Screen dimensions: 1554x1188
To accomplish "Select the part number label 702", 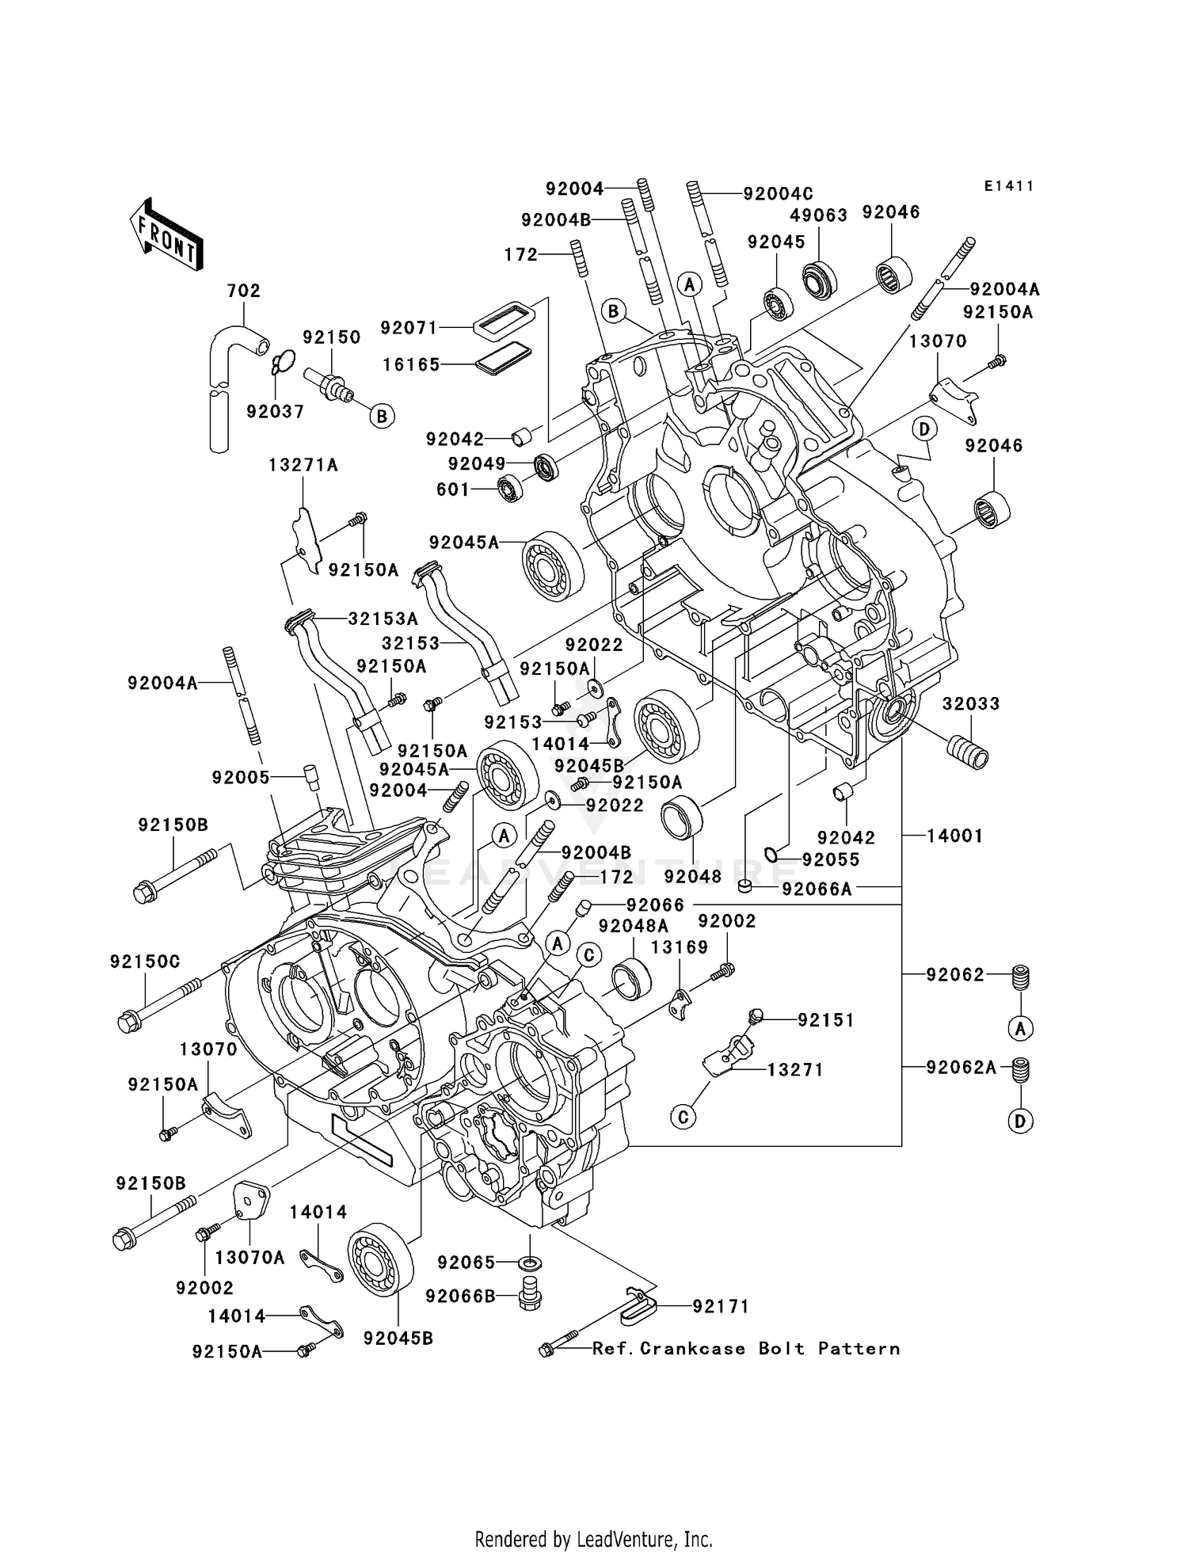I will (243, 291).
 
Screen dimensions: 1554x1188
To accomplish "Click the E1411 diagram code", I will (1009, 186).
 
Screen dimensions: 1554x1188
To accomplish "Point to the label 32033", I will (971, 703).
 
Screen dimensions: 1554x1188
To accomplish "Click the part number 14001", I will (954, 836).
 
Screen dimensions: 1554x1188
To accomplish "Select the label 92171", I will (721, 1306).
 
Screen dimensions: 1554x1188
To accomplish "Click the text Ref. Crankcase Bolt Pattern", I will (746, 1348).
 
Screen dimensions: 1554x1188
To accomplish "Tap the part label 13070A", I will (249, 1257).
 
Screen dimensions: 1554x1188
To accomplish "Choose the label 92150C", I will (145, 962).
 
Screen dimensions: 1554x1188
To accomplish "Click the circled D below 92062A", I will (1020, 1121).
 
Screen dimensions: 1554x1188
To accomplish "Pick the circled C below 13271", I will (683, 1117).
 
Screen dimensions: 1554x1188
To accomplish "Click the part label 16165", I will (411, 364).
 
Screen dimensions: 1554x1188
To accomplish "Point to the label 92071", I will (409, 327).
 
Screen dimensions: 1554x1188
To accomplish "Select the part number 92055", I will (830, 859).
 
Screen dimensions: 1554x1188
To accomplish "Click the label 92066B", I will (460, 1296).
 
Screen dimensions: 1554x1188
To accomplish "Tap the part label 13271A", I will (303, 465).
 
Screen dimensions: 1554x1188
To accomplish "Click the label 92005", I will (241, 778).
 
